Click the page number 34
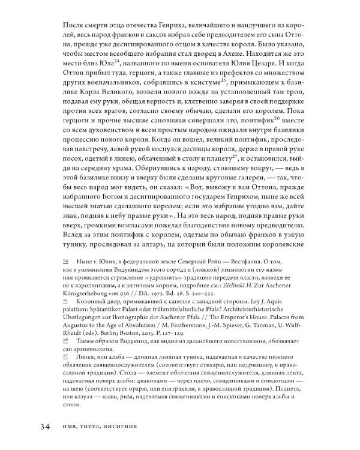coord(43,427)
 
